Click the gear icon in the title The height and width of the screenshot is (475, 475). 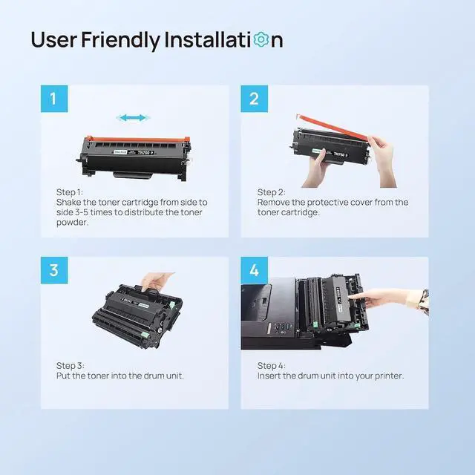(261, 39)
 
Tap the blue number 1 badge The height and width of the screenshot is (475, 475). (54, 99)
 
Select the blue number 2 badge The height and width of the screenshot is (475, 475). (254, 99)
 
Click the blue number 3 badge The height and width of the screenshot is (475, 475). (54, 270)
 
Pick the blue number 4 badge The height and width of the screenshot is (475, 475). (254, 270)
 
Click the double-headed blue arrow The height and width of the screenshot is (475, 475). (133, 117)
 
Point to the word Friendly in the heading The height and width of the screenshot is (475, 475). (120, 40)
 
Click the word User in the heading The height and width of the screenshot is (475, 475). (54, 40)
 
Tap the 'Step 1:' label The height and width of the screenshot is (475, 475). (69, 192)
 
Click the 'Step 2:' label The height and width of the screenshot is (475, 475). (271, 192)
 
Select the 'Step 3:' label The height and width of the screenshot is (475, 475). (71, 366)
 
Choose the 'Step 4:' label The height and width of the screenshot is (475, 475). (272, 366)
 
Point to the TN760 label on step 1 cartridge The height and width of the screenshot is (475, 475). (145, 153)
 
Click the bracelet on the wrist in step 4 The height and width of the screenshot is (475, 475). (424, 302)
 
